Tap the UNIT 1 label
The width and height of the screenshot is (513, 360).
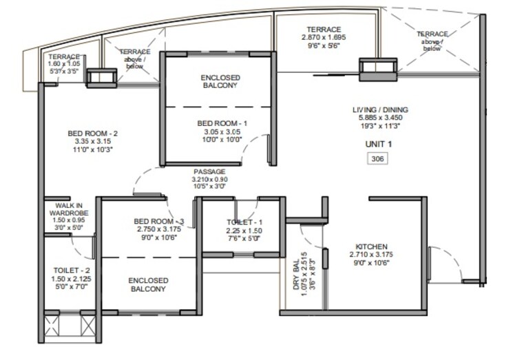point(377,145)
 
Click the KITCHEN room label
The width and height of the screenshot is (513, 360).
point(372,246)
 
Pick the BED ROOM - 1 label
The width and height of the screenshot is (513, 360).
point(216,124)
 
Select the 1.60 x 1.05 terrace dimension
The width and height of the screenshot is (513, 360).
point(64,65)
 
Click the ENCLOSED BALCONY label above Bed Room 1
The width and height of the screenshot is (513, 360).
point(219,81)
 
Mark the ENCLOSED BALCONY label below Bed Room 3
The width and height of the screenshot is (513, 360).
point(147,285)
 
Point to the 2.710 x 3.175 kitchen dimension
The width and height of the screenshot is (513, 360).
point(372,255)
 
